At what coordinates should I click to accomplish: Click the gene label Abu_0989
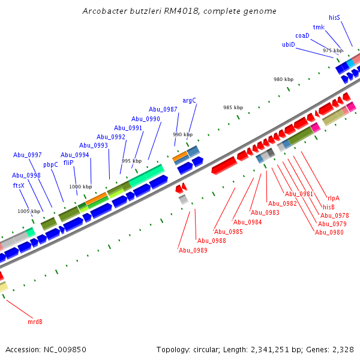[x=193, y=250]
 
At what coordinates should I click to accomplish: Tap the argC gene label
[x=189, y=100]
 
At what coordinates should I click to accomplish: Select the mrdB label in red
[x=35, y=322]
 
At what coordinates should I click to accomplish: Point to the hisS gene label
[x=334, y=18]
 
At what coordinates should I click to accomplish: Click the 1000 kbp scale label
[x=80, y=187]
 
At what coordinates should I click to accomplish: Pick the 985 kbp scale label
[x=233, y=107]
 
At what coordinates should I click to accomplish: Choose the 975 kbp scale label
[x=332, y=51]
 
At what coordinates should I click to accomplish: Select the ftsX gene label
[x=19, y=185]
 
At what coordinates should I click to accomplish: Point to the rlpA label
[x=334, y=198]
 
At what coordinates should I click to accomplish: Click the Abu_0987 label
[x=163, y=109]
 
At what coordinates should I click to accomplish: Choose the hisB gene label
[x=329, y=207]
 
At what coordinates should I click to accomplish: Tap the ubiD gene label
[x=289, y=44]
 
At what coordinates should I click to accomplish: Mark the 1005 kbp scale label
[x=28, y=211]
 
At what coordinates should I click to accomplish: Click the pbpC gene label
[x=51, y=164]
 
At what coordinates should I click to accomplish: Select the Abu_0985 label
[x=229, y=232]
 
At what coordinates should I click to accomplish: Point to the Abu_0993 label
[x=94, y=145]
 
